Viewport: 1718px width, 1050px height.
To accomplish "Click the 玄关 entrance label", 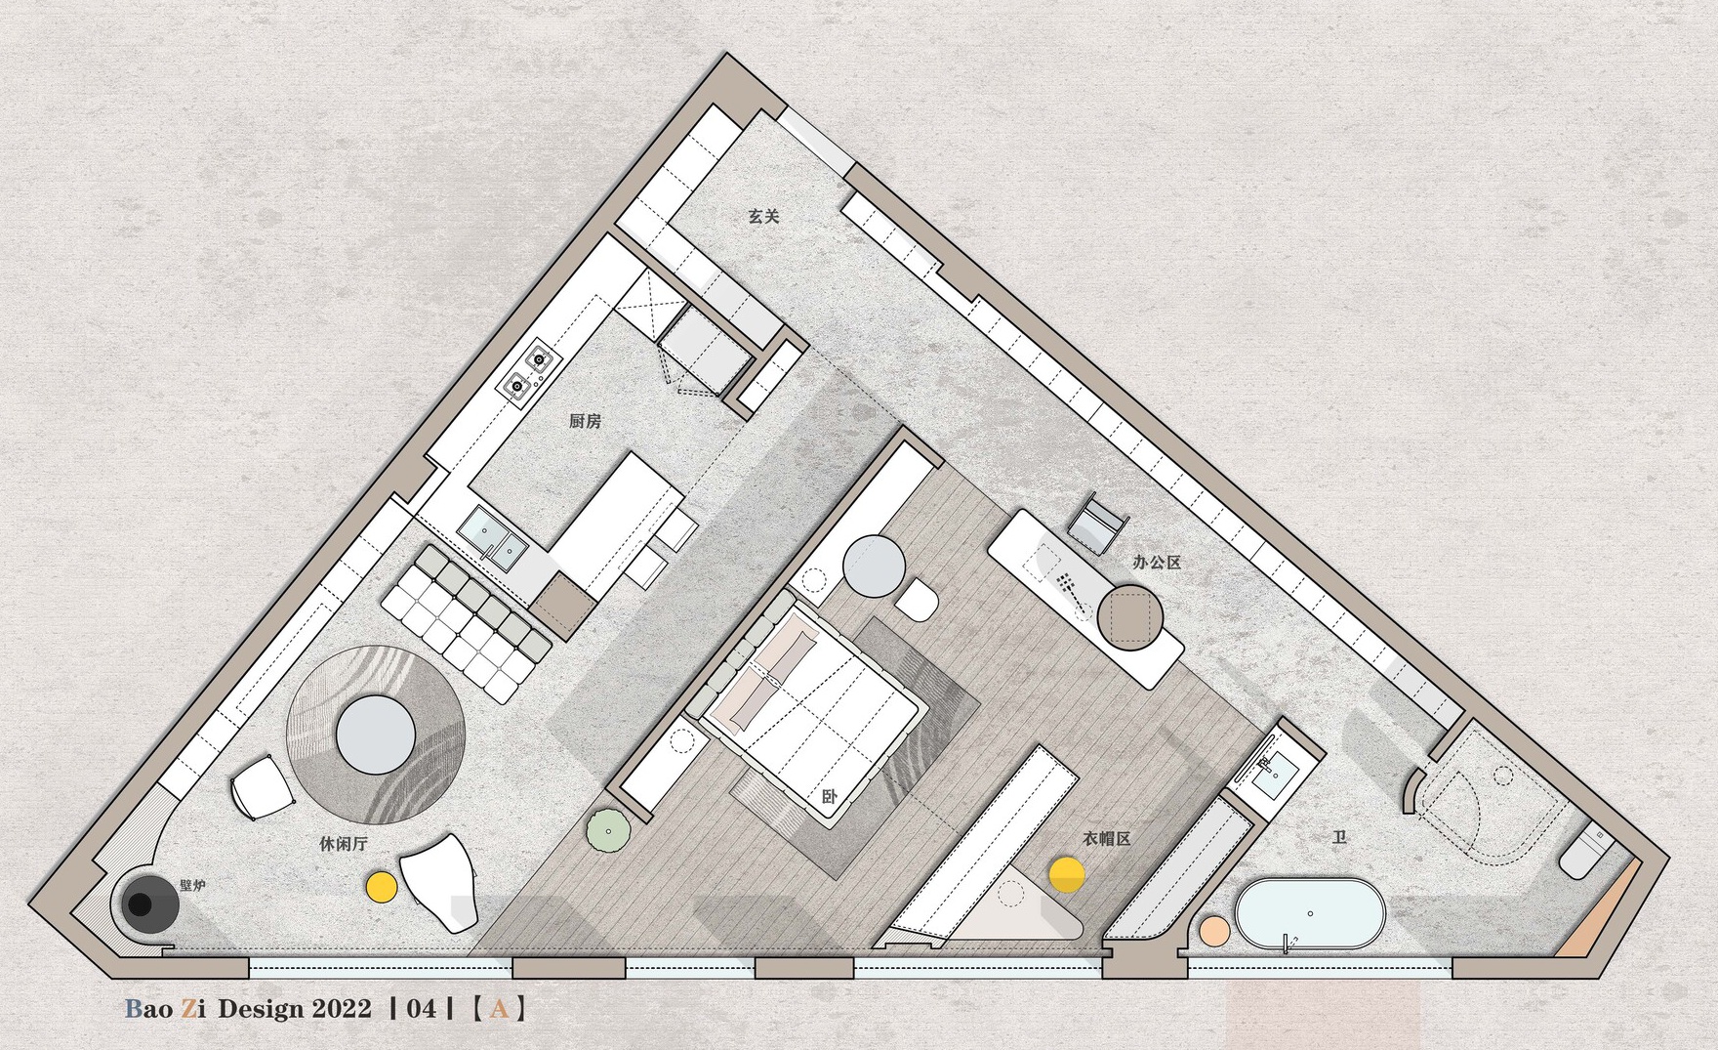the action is tap(764, 217).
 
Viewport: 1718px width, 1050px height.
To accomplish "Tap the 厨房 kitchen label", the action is tap(585, 421).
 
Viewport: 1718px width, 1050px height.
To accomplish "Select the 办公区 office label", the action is tap(1157, 563).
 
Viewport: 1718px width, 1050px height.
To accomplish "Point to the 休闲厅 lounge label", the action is tap(344, 843).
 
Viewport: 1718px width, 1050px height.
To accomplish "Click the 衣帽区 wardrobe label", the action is tap(1106, 839).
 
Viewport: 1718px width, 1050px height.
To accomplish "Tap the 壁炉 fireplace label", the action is tap(192, 886).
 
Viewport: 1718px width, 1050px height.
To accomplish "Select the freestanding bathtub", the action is tap(1310, 914).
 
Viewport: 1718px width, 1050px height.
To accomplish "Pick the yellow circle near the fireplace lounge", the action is tap(381, 887).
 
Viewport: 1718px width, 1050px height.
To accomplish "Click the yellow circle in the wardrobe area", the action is tap(1067, 874).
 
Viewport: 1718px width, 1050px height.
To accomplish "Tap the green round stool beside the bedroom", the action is tap(608, 831).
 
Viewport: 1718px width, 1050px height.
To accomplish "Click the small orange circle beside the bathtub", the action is tap(1214, 931).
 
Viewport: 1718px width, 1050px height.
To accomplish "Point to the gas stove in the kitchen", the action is tap(528, 373).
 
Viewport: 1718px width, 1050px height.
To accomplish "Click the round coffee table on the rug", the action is tap(376, 735).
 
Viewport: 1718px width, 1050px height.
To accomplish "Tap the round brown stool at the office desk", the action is tap(1130, 617).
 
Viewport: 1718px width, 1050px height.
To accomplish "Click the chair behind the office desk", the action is tap(1097, 525).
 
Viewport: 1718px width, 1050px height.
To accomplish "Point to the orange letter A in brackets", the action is tap(499, 1008).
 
